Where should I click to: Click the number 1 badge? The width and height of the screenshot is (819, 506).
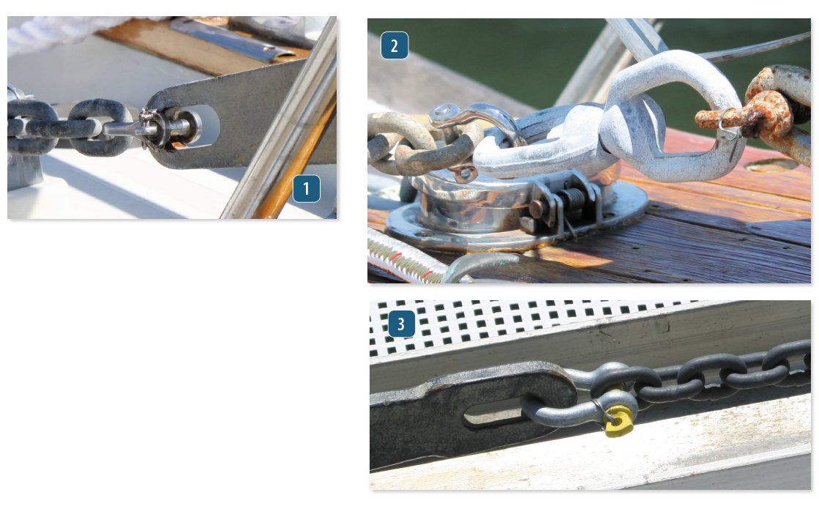pyautogui.click(x=306, y=189)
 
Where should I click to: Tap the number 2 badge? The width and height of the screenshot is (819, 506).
pyautogui.click(x=394, y=46)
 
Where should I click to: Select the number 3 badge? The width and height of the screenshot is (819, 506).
pyautogui.click(x=401, y=324)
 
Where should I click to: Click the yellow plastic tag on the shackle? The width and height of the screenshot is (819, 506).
pyautogui.click(x=618, y=421)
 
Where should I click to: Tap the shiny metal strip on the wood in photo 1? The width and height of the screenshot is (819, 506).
pyautogui.click(x=220, y=41)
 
